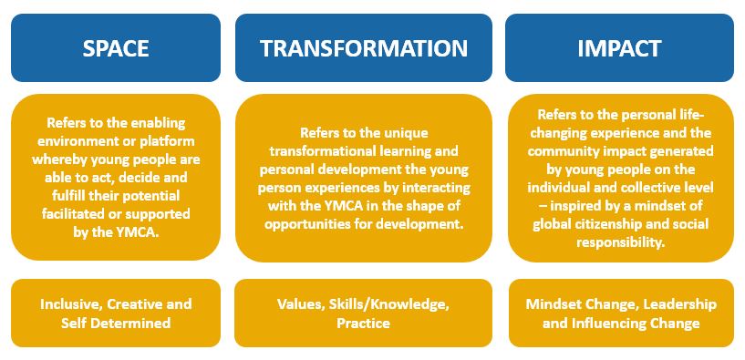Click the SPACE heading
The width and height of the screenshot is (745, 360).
coord(116,48)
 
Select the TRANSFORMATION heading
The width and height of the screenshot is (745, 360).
coord(364,48)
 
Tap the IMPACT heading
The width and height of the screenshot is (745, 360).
coord(619,48)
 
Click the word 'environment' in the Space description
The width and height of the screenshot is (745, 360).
coord(76,141)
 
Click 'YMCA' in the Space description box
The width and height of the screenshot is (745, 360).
coord(140,232)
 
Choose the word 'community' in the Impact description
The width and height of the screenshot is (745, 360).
coord(556,151)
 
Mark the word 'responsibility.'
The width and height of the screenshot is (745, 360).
coord(620,242)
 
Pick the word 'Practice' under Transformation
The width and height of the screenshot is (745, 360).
coord(364,323)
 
